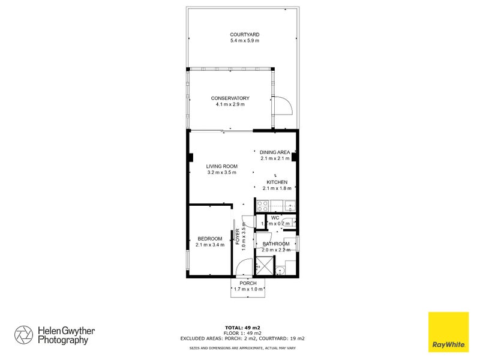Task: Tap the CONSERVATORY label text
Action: (x=230, y=98)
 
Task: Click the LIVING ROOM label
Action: (x=222, y=166)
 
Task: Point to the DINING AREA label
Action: (x=275, y=152)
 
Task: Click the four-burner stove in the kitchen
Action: (x=262, y=205)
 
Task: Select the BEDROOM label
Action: (x=210, y=239)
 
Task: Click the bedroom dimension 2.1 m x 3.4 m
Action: (x=210, y=245)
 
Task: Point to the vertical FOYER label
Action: (x=238, y=239)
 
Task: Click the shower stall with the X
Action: (x=263, y=265)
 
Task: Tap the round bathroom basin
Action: (x=281, y=270)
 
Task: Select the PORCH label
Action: (x=248, y=283)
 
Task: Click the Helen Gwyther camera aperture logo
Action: (x=24, y=334)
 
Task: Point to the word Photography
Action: (x=62, y=340)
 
